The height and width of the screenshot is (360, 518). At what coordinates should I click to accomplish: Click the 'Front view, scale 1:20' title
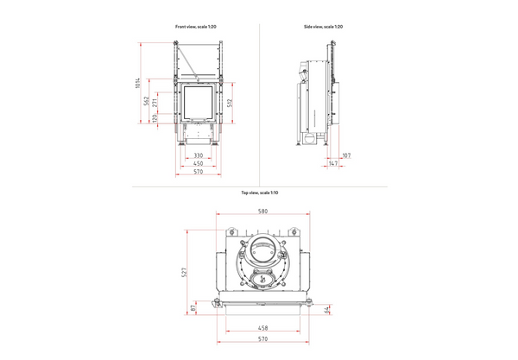(x=195, y=28)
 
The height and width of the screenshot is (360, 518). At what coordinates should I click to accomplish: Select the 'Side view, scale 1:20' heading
(x=324, y=28)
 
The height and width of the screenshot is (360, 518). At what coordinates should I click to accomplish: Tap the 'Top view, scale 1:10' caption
(x=258, y=193)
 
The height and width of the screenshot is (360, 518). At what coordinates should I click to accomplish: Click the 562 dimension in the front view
(x=146, y=101)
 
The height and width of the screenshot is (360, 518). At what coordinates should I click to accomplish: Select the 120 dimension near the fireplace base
(x=155, y=118)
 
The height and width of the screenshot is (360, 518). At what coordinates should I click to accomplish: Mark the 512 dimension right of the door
(x=230, y=104)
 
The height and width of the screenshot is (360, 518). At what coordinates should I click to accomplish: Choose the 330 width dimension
(x=198, y=155)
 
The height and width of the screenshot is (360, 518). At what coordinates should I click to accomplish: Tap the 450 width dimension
(x=198, y=163)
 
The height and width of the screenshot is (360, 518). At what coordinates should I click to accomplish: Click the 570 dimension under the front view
(x=198, y=171)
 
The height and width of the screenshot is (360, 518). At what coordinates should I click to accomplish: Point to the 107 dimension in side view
(x=345, y=155)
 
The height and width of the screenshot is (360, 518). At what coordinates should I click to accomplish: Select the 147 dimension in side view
(x=333, y=163)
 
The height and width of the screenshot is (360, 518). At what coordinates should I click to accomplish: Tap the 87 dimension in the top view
(x=193, y=306)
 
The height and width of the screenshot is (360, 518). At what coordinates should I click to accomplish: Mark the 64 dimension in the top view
(x=327, y=309)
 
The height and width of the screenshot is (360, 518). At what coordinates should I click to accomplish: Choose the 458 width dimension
(x=262, y=329)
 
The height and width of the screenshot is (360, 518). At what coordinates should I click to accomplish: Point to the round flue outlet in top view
(x=264, y=249)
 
